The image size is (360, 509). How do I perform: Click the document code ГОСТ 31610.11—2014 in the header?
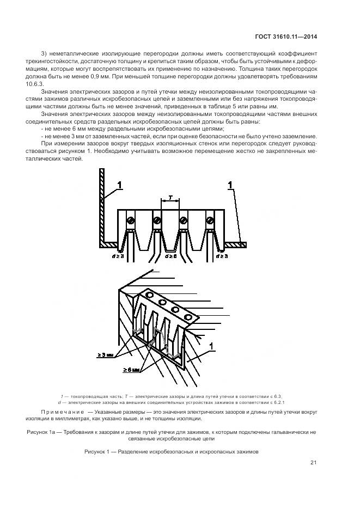pos(285,37)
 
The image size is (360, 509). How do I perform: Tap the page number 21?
pos(313,463)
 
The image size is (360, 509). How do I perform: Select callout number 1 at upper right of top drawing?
pos(230,187)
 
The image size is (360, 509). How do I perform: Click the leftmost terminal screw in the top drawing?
pos(130,220)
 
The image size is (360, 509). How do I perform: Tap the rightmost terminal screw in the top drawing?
pos(210,220)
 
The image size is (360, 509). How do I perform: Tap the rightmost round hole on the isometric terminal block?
pos(188,316)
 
